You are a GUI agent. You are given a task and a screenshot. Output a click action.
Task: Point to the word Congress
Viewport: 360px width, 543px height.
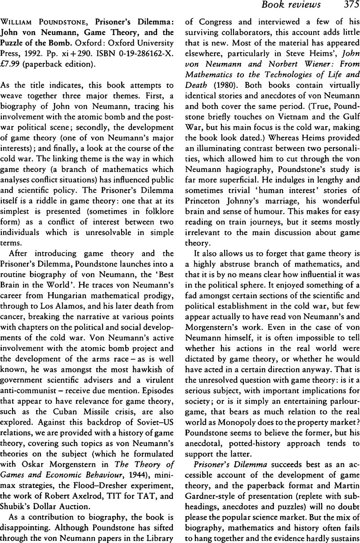(x=210, y=24)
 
